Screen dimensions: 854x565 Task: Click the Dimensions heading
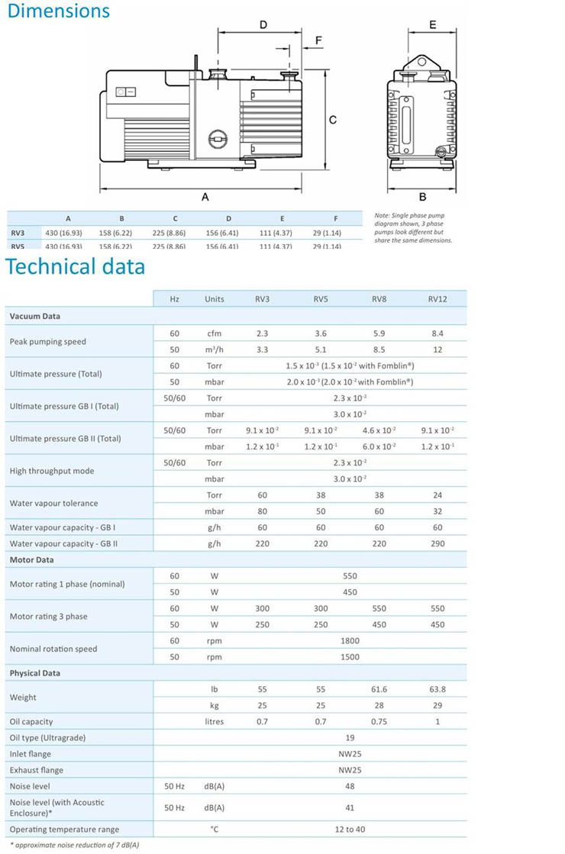coord(59,11)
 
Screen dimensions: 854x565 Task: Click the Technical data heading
coord(76,267)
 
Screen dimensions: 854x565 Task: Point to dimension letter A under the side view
coord(205,196)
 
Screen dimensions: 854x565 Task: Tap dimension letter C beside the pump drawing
coord(333,120)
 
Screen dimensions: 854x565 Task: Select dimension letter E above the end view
coord(432,25)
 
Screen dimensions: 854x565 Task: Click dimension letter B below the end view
coord(422,196)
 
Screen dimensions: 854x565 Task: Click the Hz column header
coord(175,299)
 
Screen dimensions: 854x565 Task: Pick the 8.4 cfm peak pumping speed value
coord(437,334)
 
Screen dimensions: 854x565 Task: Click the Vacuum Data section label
coord(34,316)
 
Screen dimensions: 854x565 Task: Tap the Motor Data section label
coord(31,560)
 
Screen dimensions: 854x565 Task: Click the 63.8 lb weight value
coord(437,689)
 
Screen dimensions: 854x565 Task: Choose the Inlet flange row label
coord(31,754)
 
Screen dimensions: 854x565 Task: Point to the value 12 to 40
coord(350,830)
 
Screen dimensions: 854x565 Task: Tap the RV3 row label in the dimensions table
coord(18,233)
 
